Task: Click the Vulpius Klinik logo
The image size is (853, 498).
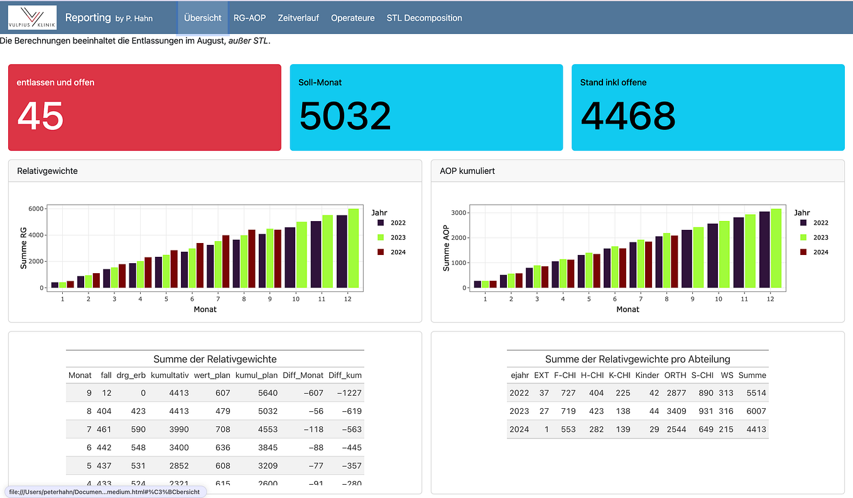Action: tap(32, 18)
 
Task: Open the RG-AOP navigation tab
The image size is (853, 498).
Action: tap(249, 18)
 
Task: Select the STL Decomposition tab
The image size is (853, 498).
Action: tap(424, 18)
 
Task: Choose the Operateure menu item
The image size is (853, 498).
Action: tap(352, 18)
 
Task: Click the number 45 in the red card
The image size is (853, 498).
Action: tap(40, 116)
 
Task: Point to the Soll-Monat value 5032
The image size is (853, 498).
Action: tap(344, 116)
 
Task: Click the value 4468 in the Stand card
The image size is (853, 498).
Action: tap(628, 116)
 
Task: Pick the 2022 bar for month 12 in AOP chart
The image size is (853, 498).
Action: tap(764, 250)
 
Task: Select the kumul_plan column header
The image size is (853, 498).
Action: tap(256, 376)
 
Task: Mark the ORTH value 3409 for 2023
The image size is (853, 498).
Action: tap(675, 411)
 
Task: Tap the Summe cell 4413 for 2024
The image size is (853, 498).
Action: tap(752, 430)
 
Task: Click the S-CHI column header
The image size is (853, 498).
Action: tap(702, 376)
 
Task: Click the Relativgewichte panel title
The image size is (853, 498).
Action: tap(47, 171)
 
